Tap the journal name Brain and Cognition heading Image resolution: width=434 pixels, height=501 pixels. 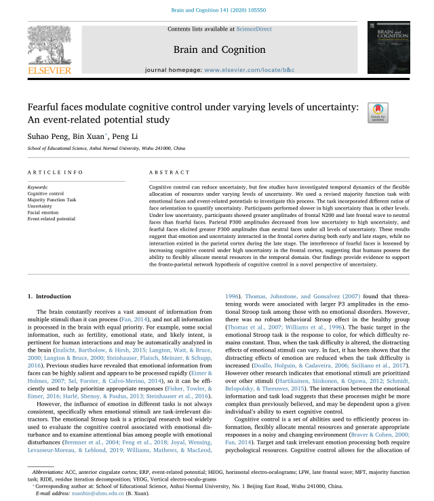click(219, 49)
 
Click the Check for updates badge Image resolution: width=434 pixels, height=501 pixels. click(378, 113)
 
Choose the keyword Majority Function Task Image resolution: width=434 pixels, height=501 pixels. click(52, 200)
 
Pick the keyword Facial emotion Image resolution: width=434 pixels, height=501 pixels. click(43, 213)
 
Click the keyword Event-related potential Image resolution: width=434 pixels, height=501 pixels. click(52, 219)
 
